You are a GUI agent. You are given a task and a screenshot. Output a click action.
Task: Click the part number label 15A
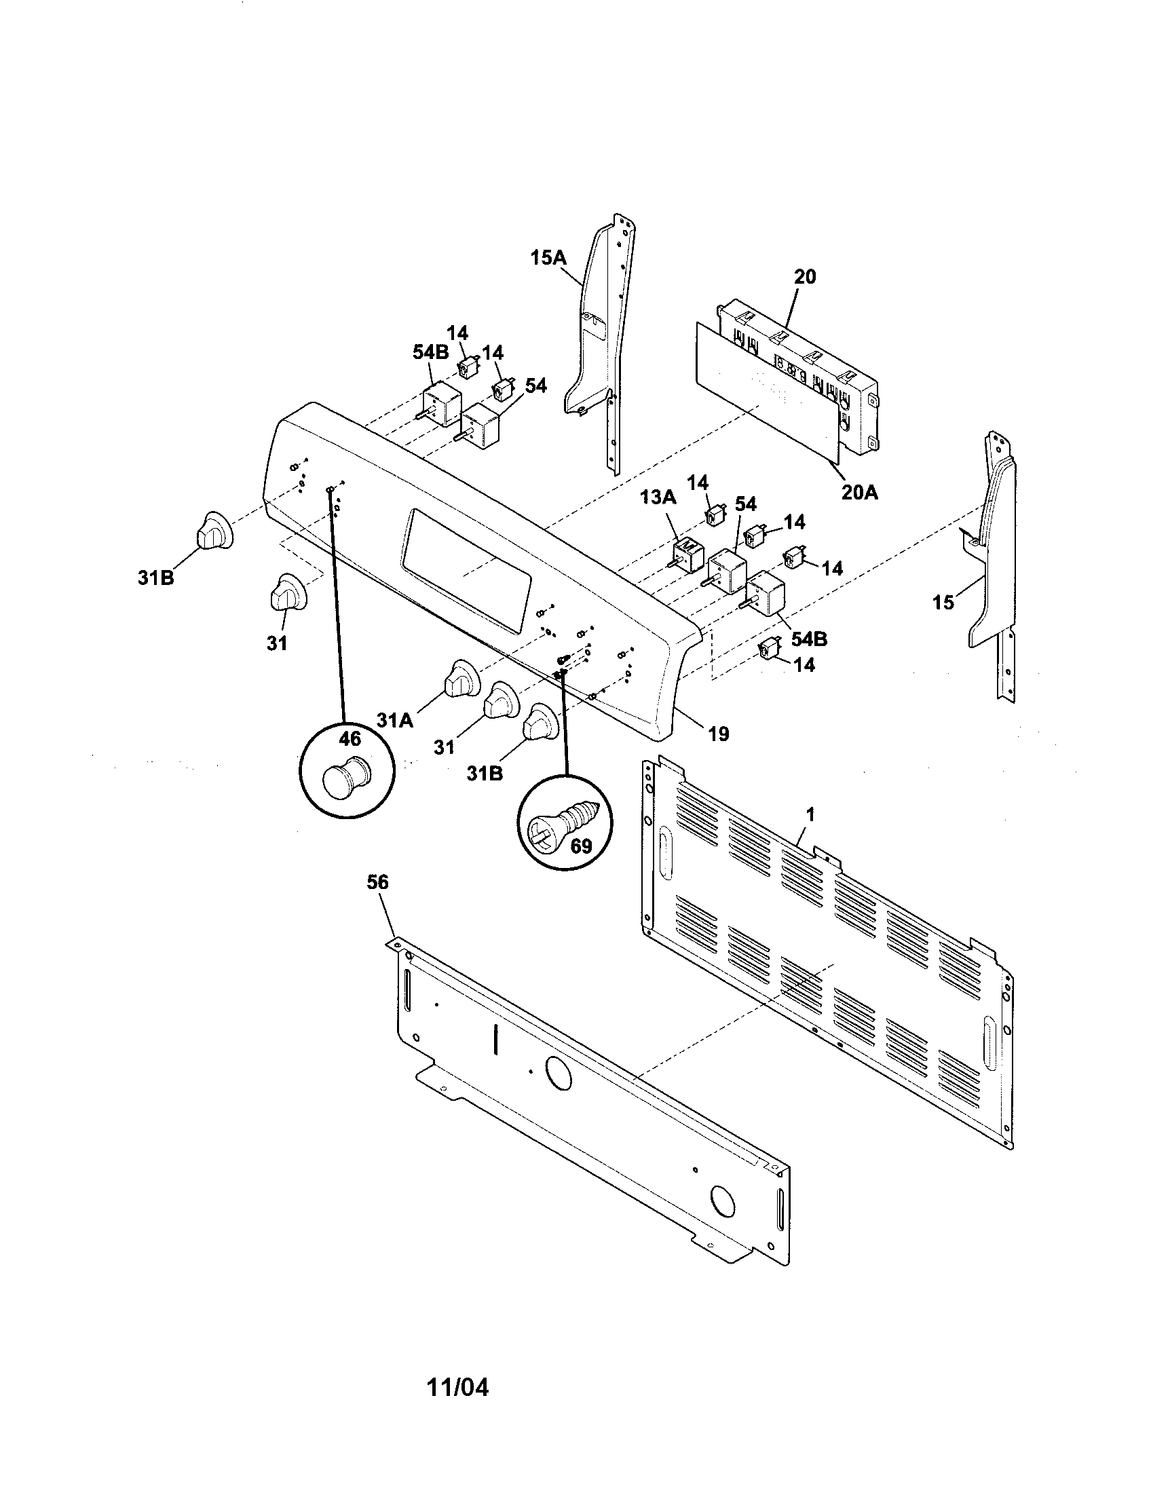click(548, 258)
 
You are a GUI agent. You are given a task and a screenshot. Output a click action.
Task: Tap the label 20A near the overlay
click(859, 491)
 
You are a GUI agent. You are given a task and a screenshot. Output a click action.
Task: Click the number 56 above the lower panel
click(377, 882)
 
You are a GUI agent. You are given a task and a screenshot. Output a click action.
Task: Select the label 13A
click(658, 497)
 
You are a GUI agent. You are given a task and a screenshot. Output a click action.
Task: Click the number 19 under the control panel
click(718, 734)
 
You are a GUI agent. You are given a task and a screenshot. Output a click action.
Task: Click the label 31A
click(394, 720)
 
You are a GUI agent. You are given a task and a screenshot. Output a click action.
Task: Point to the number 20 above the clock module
click(804, 277)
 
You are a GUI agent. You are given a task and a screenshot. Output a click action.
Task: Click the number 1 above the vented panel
click(810, 814)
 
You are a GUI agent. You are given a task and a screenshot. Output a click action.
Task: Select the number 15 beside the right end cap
click(943, 602)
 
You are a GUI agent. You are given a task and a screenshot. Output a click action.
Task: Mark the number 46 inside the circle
click(350, 738)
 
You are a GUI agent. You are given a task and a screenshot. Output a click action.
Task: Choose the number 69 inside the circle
click(581, 846)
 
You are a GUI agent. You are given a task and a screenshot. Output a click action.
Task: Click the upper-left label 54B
click(430, 353)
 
